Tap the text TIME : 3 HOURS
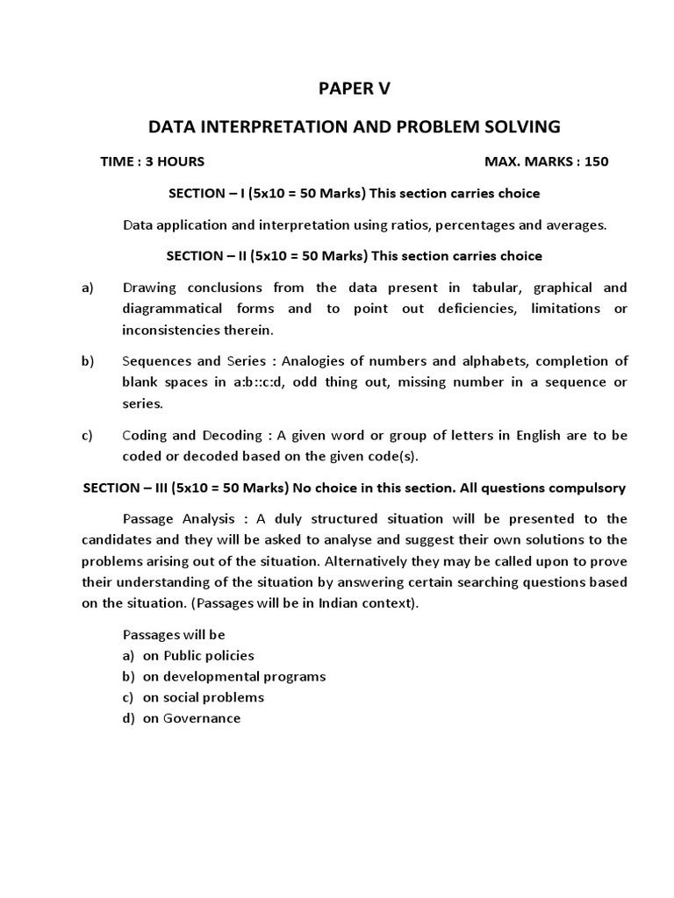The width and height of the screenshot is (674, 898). (x=154, y=161)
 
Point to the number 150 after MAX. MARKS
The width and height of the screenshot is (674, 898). (x=596, y=161)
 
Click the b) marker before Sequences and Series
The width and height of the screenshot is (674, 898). (x=88, y=361)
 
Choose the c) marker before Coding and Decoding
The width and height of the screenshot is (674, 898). (x=88, y=435)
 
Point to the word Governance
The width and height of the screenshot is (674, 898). (x=202, y=718)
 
